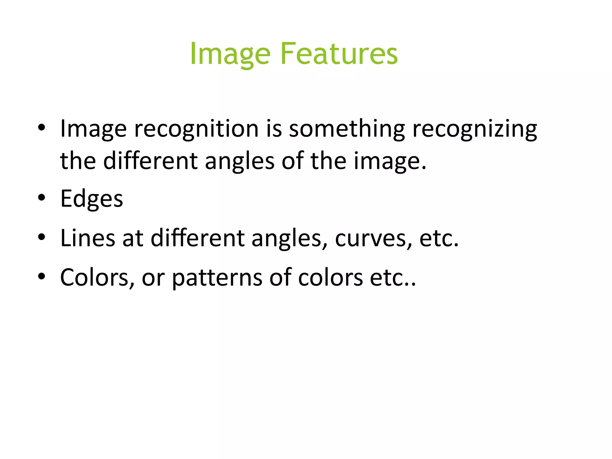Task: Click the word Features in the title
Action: point(339,54)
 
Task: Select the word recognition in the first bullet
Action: point(196,129)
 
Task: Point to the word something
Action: point(347,129)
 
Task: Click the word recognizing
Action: point(475,129)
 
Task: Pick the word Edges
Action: point(91,199)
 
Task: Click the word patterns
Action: point(217,278)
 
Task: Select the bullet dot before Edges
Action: point(42,198)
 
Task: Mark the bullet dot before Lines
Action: point(42,237)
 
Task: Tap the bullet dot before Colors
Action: point(42,276)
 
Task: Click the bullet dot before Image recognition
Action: point(42,128)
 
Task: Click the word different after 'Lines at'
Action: point(198,238)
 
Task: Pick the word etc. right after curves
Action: point(439,238)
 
